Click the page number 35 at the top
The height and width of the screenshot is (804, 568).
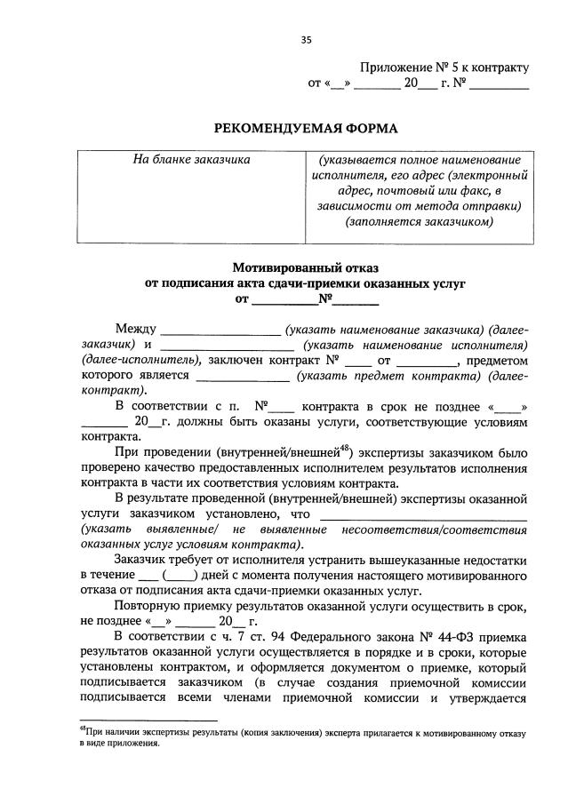click(x=307, y=39)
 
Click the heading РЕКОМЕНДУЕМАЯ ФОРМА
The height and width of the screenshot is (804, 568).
click(x=306, y=128)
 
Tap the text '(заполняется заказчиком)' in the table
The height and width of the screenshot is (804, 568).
click(x=419, y=222)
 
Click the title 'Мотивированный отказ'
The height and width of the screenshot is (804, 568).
click(x=305, y=267)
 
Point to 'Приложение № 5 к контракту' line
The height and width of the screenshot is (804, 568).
click(x=444, y=67)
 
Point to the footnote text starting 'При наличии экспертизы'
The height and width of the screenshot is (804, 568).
click(x=302, y=735)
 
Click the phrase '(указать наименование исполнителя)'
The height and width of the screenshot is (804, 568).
click(x=415, y=345)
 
